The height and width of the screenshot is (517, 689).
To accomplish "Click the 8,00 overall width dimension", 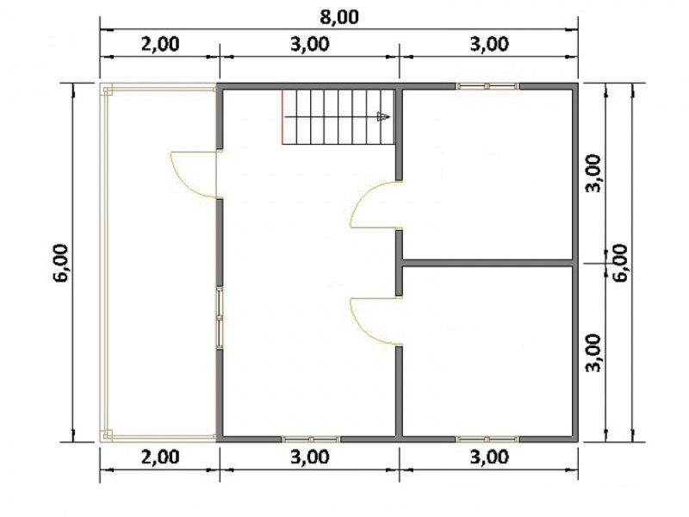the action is pyautogui.click(x=338, y=16).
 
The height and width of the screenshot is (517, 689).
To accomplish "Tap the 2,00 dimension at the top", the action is pyautogui.click(x=160, y=44).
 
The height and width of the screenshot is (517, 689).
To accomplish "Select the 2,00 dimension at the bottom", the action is pyautogui.click(x=160, y=457).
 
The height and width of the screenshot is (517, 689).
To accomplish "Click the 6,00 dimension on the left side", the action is pyautogui.click(x=62, y=263).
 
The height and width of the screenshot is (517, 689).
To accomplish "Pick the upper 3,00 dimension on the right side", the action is pyautogui.click(x=594, y=173).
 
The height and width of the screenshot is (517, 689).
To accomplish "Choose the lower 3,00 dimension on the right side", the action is pyautogui.click(x=594, y=353).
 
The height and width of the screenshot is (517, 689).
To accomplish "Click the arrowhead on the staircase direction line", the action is pyautogui.click(x=383, y=116).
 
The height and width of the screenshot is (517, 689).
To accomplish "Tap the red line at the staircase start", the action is pyautogui.click(x=282, y=116).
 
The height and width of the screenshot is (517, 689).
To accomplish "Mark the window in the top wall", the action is pyautogui.click(x=487, y=85).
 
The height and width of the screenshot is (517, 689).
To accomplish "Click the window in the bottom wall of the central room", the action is pyautogui.click(x=311, y=439).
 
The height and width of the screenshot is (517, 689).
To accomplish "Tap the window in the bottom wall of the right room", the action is pyautogui.click(x=487, y=439).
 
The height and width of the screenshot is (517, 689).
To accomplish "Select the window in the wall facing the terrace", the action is pyautogui.click(x=219, y=318).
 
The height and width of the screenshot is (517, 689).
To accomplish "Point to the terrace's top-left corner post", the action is pyautogui.click(x=108, y=90).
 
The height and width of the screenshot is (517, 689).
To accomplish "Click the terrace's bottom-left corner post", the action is pyautogui.click(x=108, y=435).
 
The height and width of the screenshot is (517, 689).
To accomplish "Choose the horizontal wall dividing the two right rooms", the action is pyautogui.click(x=487, y=263).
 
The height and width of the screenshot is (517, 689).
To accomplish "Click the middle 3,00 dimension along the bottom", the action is pyautogui.click(x=310, y=457).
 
